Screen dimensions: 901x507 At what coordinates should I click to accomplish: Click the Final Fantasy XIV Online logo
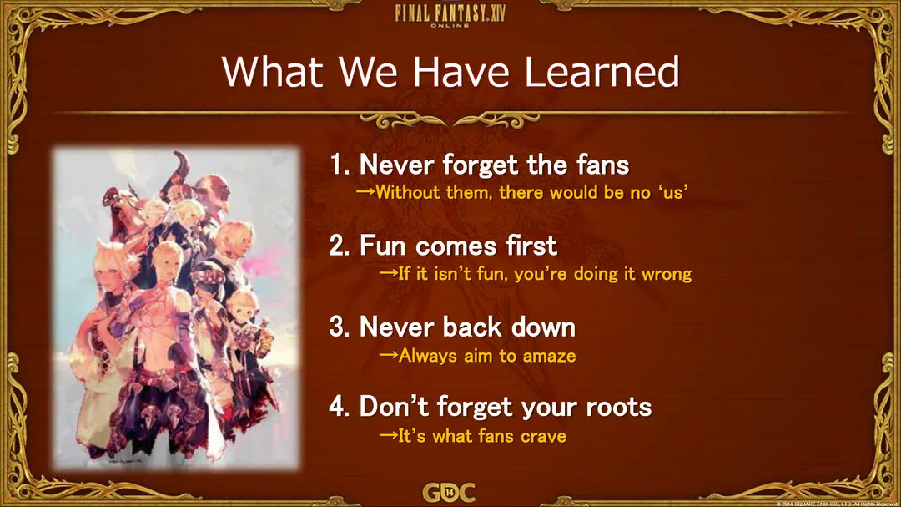(x=450, y=14)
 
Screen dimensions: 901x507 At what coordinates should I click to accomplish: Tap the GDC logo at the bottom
(x=450, y=493)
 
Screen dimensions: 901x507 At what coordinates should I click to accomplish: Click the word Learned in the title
(x=602, y=72)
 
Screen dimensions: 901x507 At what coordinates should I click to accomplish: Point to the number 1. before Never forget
(x=340, y=165)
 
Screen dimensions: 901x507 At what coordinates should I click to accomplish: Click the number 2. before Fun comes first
(x=340, y=246)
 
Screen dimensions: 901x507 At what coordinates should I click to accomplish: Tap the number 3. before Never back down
(x=340, y=327)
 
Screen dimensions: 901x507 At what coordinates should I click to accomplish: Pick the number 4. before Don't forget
(x=340, y=407)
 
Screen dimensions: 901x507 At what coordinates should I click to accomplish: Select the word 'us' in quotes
(x=673, y=191)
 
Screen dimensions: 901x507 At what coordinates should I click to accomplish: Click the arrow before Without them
(x=365, y=191)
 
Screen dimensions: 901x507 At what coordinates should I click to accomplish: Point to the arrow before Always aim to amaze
(x=389, y=355)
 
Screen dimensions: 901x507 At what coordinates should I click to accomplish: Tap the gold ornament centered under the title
(x=450, y=120)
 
